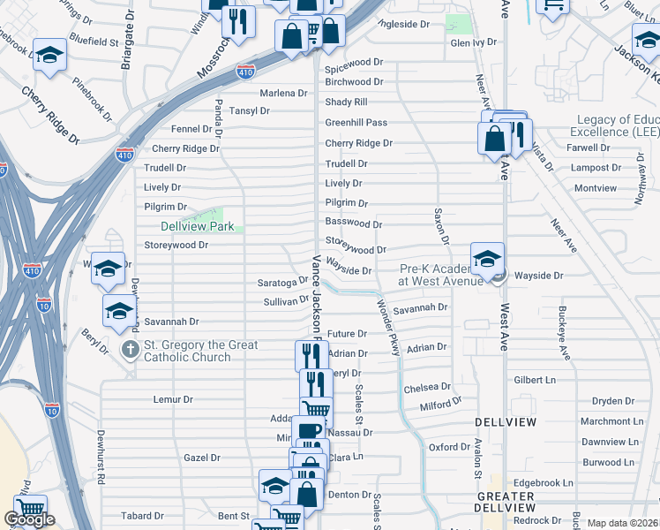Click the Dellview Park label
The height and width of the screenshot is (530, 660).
tap(198, 227)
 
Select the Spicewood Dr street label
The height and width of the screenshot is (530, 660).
tap(354, 62)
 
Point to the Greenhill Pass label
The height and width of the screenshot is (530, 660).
tap(356, 123)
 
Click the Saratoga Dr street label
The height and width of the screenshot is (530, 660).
tap(282, 282)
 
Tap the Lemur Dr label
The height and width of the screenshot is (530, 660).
tap(173, 399)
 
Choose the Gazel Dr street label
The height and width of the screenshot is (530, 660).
tap(202, 458)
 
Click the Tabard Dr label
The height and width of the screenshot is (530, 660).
tap(143, 516)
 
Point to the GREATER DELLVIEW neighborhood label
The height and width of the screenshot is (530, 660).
tap(505, 502)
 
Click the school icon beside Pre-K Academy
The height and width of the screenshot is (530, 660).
tap(486, 259)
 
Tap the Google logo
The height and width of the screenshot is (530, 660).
tap(29, 519)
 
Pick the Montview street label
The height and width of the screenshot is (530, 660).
tap(596, 188)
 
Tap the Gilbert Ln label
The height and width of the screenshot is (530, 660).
tap(535, 380)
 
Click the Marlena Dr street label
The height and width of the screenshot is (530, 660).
tap(283, 93)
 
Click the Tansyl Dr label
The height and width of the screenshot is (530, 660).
tap(249, 110)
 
